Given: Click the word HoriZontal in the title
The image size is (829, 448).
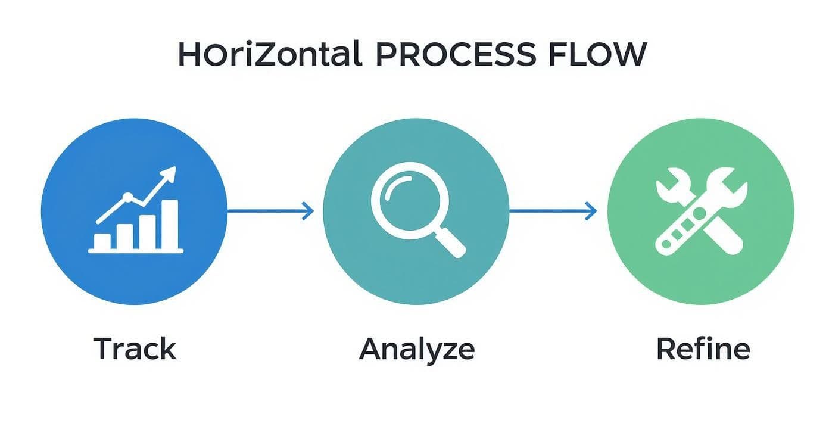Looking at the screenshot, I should [270, 54].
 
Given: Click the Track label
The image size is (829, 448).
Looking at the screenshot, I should [135, 349].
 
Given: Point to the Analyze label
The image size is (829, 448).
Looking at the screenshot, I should [417, 350].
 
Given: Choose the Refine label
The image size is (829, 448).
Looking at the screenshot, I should [703, 349].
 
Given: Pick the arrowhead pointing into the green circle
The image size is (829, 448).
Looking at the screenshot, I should [591, 210].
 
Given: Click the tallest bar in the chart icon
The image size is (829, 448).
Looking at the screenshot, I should [170, 224].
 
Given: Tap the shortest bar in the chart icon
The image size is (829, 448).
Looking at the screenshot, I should [102, 241].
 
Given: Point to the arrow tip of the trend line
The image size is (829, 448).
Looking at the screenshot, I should [172, 173].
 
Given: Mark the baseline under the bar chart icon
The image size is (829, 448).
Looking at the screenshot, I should [136, 251].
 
